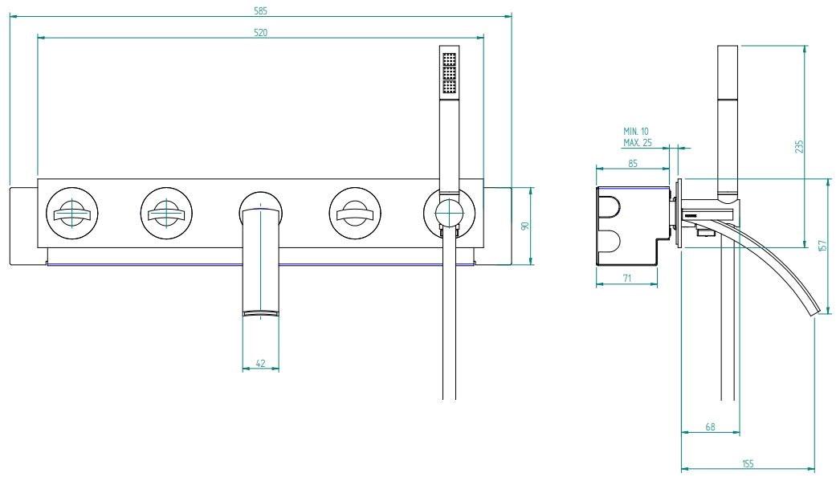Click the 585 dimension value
(x=261, y=10)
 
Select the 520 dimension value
(x=261, y=32)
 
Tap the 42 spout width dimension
(x=261, y=364)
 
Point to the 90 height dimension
(x=526, y=226)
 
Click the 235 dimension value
(x=799, y=147)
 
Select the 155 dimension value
(x=748, y=464)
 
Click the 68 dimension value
(x=710, y=427)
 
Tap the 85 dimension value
(x=633, y=164)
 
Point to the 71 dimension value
(x=627, y=278)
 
